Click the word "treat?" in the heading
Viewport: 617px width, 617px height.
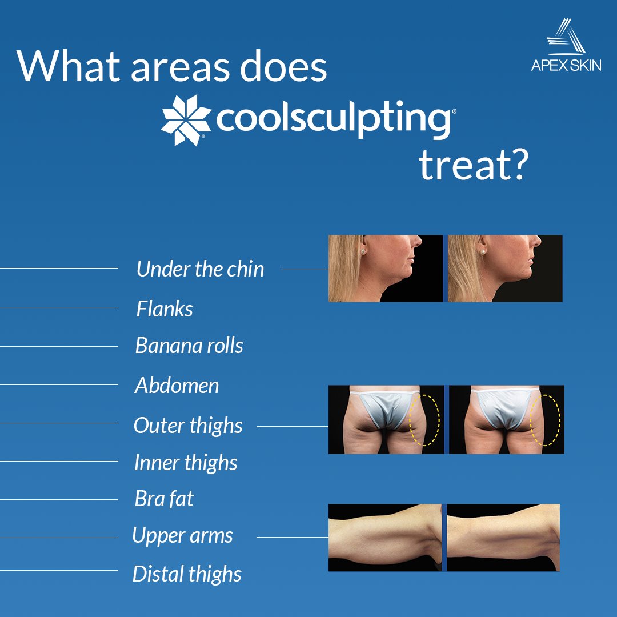tap(472, 165)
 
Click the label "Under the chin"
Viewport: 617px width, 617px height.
tap(200, 269)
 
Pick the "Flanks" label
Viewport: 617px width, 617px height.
tap(165, 309)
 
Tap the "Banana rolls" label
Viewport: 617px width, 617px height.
tap(189, 346)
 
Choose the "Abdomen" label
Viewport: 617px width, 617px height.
tap(177, 386)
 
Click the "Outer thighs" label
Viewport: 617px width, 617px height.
tap(188, 426)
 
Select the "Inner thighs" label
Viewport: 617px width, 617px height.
tap(186, 463)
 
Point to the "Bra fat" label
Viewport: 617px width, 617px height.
tap(164, 499)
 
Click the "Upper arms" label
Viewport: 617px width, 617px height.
tap(182, 536)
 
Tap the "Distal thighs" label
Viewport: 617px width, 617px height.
tap(187, 574)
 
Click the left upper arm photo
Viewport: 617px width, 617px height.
tap(384, 538)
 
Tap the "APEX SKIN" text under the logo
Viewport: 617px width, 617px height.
tap(566, 65)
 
